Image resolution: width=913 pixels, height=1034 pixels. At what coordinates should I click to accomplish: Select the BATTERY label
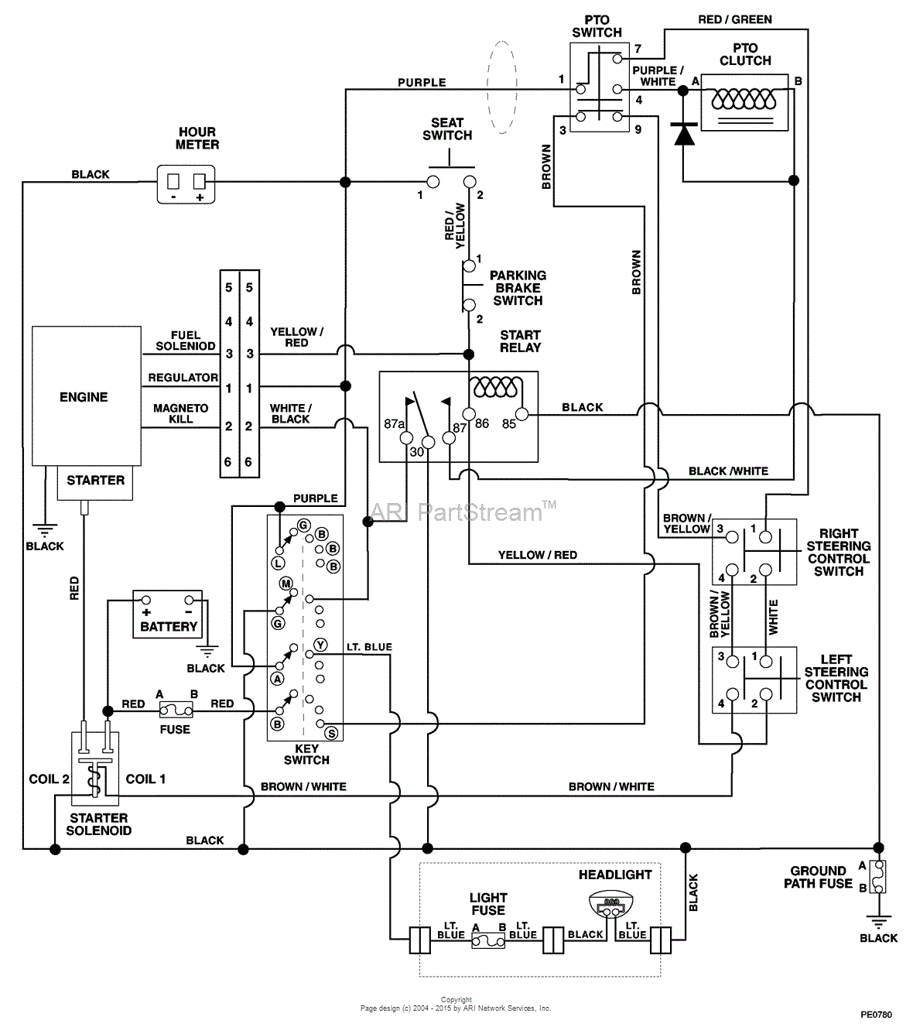(169, 626)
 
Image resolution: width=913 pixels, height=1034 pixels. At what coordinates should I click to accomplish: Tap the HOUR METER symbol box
(186, 184)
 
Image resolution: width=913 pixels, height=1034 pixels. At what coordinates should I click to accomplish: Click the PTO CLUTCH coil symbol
(744, 101)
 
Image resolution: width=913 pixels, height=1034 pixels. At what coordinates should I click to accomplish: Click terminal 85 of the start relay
(521, 415)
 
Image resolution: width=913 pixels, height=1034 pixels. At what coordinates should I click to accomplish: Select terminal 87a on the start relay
(405, 438)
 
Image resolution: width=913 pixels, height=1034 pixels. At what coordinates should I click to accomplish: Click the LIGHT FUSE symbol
(488, 940)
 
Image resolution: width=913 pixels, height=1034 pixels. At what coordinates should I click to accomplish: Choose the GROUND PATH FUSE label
(818, 877)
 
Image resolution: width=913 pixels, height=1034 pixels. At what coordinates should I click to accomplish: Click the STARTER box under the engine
(95, 481)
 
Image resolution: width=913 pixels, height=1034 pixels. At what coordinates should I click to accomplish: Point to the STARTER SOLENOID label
(98, 824)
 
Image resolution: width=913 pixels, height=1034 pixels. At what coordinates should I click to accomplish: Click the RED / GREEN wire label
(734, 19)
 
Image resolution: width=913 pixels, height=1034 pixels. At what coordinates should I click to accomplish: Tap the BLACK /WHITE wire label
(728, 471)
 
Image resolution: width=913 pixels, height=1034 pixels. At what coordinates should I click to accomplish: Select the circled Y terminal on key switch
(320, 645)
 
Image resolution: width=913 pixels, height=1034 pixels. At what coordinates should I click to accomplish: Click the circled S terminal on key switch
(330, 732)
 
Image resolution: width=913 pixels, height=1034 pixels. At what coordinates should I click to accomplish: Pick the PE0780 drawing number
(876, 1013)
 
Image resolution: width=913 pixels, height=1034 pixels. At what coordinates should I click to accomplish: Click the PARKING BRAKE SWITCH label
(518, 288)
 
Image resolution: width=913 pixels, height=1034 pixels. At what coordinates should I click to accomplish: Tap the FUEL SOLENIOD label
(186, 341)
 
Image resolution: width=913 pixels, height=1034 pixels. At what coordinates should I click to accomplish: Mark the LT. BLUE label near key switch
(368, 647)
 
